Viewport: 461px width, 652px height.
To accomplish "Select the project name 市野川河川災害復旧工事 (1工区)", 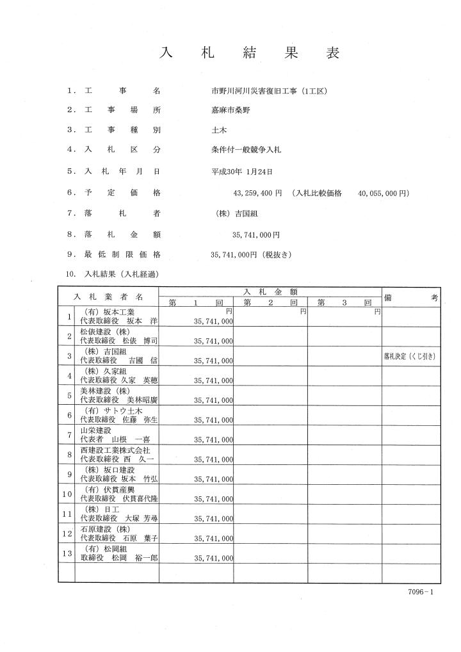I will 264,91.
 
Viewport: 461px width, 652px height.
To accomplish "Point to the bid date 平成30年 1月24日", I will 243,172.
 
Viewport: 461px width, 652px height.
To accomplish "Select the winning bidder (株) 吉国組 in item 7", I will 238,214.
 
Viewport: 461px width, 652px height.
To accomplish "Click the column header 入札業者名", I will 108,298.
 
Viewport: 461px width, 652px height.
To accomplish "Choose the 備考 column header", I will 411,298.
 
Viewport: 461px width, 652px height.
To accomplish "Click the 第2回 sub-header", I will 271,302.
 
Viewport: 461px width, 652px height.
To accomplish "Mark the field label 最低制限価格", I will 122,254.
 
